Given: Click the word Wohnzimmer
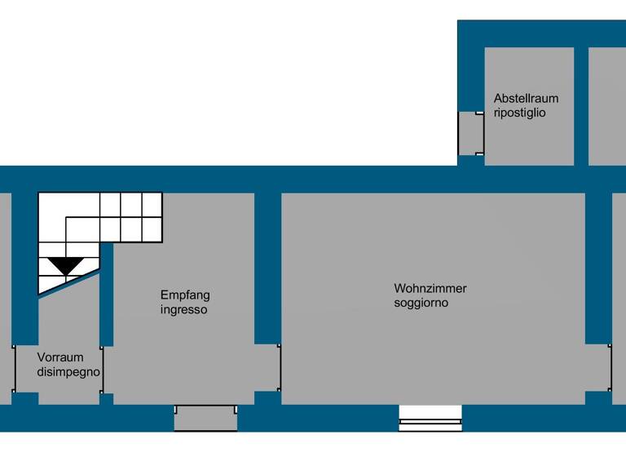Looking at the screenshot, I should (x=430, y=288).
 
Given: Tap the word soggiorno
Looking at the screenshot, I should (x=421, y=303).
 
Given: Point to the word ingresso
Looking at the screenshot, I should (x=183, y=310).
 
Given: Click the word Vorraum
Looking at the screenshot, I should (x=60, y=357).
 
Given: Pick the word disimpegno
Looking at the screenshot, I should (x=68, y=371).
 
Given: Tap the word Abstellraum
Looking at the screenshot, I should (x=526, y=99).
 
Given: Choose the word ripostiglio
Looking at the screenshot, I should (x=519, y=113).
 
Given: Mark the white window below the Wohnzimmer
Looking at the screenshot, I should (x=430, y=419).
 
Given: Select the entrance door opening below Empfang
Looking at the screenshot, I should (x=205, y=418).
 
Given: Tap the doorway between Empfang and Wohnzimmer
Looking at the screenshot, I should (x=267, y=367).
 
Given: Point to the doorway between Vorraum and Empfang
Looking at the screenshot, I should (x=106, y=369).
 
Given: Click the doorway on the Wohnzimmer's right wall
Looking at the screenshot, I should (x=598, y=367).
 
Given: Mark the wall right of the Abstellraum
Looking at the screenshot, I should (x=580, y=106).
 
